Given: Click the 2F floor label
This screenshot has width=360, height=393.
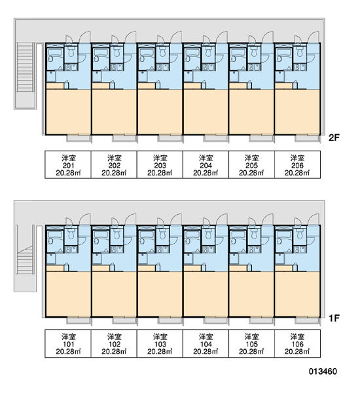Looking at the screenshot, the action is pos(334,138).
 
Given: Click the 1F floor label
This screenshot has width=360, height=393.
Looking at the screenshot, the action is pos(334,318).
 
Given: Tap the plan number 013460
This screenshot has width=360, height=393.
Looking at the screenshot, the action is pos(323,371).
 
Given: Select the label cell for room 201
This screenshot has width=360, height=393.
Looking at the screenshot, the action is pos(68,164).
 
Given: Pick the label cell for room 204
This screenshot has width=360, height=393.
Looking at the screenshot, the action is pos(206,164).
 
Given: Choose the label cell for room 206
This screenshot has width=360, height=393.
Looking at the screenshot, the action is pos(297,164).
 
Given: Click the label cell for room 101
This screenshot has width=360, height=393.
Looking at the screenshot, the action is pos(68,343).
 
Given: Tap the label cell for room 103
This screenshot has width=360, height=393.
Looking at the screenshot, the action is pos(160,343).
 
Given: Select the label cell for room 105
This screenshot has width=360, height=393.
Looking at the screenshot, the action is pos(251,343).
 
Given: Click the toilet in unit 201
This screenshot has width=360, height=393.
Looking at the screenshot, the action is pos(71,52).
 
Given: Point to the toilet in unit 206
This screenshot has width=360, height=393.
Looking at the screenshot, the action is pos(300,52).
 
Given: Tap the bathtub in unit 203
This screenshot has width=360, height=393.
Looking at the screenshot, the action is pos(147,54).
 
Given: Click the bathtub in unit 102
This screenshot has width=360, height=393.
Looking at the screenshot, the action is pos(101,236).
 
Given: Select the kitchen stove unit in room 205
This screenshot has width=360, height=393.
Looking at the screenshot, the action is pos(254,67).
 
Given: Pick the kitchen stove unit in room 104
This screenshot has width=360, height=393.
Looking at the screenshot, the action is pos(208,249).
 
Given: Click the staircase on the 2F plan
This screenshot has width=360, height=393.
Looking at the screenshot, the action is pos(25,67).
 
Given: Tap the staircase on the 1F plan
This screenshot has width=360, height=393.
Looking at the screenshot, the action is pos(25,261).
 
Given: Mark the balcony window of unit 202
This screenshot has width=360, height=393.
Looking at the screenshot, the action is pos(124,138).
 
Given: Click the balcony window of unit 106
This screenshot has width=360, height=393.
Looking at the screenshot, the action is pos(308,320).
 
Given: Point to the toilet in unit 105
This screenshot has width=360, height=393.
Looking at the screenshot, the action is pos(254,234).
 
